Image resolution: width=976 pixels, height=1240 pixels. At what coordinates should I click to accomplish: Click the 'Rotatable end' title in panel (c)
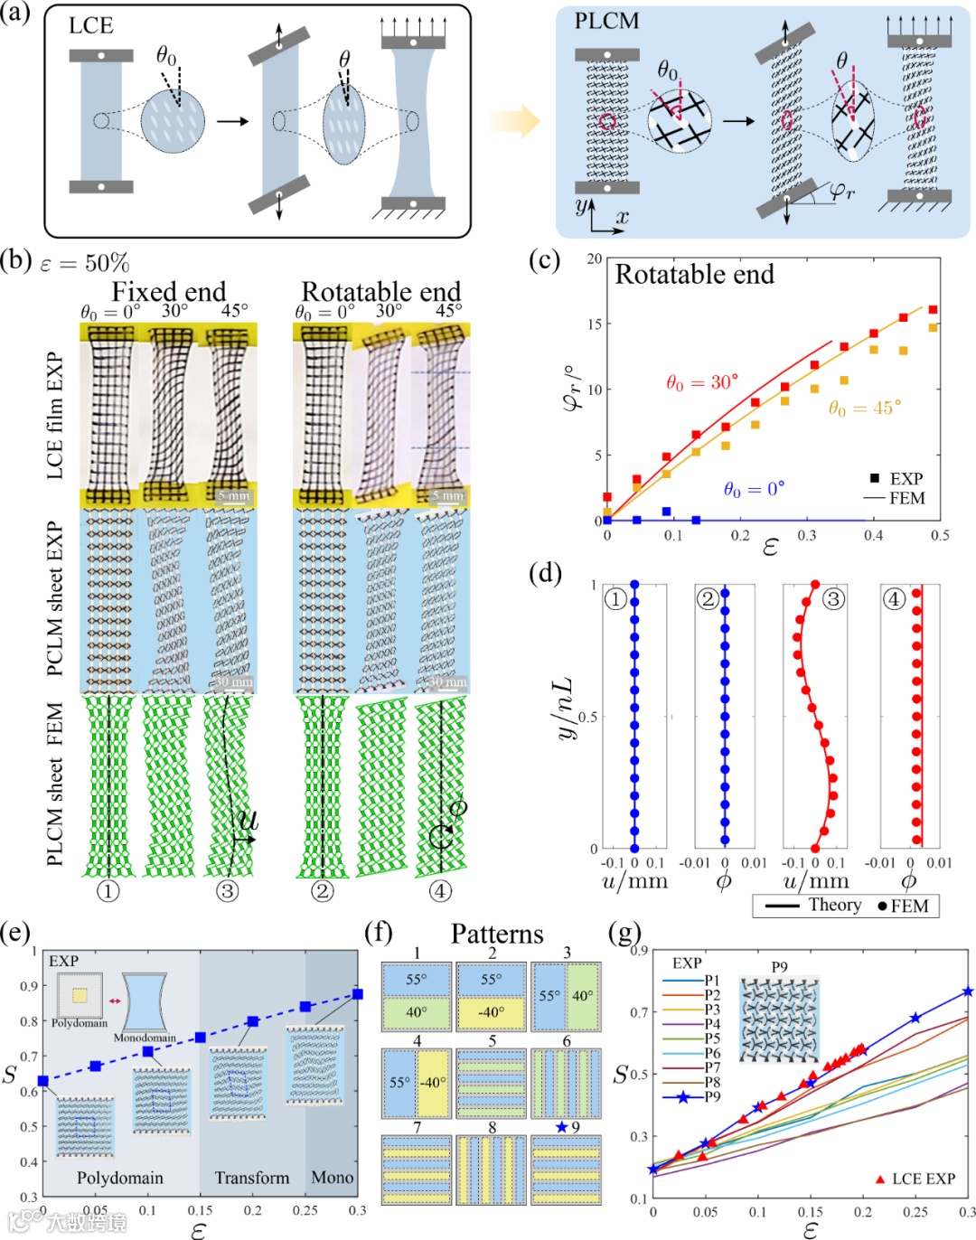(694, 275)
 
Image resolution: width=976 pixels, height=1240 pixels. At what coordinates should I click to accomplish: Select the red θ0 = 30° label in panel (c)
(702, 382)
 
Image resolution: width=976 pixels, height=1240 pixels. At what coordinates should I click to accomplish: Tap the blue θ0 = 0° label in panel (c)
(754, 489)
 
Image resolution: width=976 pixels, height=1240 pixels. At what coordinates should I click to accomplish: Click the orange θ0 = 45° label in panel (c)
(865, 409)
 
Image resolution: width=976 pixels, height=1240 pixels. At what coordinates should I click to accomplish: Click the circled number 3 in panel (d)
(832, 598)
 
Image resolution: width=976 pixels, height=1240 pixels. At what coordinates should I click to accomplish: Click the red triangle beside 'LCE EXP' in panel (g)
(879, 1179)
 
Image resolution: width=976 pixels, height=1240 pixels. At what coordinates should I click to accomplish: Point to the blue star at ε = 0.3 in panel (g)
(968, 991)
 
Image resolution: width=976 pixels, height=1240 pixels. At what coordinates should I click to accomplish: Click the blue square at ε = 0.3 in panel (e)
(358, 994)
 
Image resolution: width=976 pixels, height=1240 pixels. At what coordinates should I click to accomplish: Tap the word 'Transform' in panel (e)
(252, 1178)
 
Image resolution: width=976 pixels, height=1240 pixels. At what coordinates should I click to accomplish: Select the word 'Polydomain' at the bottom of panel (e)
(120, 1178)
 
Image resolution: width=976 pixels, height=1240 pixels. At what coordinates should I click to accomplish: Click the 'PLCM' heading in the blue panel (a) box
(606, 20)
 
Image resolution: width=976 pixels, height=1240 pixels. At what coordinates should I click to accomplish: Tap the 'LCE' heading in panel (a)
(91, 25)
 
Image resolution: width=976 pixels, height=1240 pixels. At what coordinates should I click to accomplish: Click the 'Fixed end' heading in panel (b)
(168, 291)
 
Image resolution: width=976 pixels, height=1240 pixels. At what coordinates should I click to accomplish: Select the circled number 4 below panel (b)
(439, 891)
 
